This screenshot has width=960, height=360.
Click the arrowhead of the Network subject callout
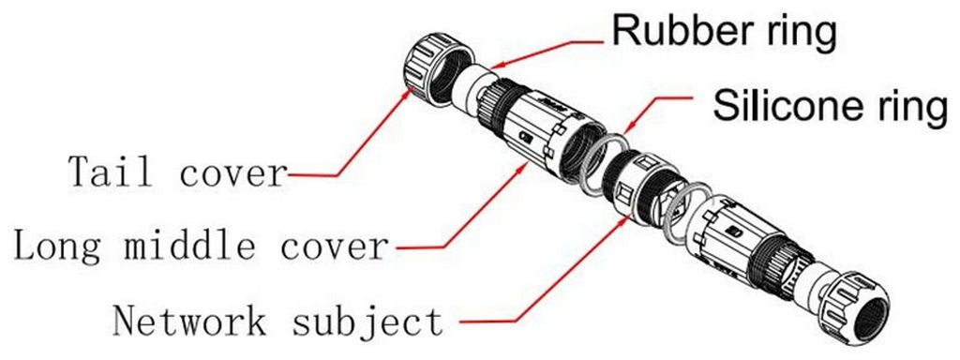[x=627, y=218]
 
